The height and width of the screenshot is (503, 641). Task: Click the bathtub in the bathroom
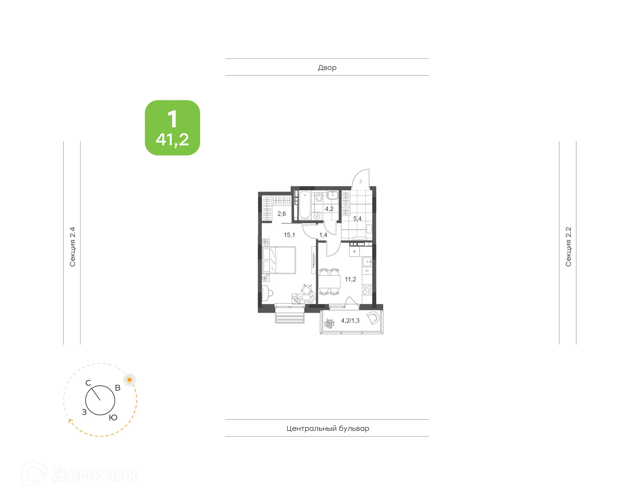coord(305,205)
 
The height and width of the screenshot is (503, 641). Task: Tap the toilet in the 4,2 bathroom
coord(319,198)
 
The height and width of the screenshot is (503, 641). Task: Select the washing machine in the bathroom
coord(316,216)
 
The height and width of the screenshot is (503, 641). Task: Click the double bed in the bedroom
coord(279,260)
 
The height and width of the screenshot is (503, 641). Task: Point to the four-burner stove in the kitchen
coord(367,290)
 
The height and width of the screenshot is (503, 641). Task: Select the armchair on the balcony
coord(373,318)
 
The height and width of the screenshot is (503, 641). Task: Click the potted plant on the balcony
coord(329,323)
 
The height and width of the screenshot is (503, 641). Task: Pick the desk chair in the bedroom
coord(307,289)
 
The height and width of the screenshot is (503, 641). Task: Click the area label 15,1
coord(289,235)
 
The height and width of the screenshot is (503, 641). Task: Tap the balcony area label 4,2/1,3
coord(350,321)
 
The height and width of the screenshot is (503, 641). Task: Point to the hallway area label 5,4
coord(357,219)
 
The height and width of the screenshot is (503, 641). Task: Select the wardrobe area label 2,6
coord(281,214)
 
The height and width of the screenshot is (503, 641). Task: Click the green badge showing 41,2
coord(172,128)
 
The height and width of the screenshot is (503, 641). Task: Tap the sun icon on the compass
coord(129,380)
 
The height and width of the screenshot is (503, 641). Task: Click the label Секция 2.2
coord(568,247)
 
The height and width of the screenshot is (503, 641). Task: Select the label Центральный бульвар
coord(328,428)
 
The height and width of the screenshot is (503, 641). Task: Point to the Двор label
coord(327,67)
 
